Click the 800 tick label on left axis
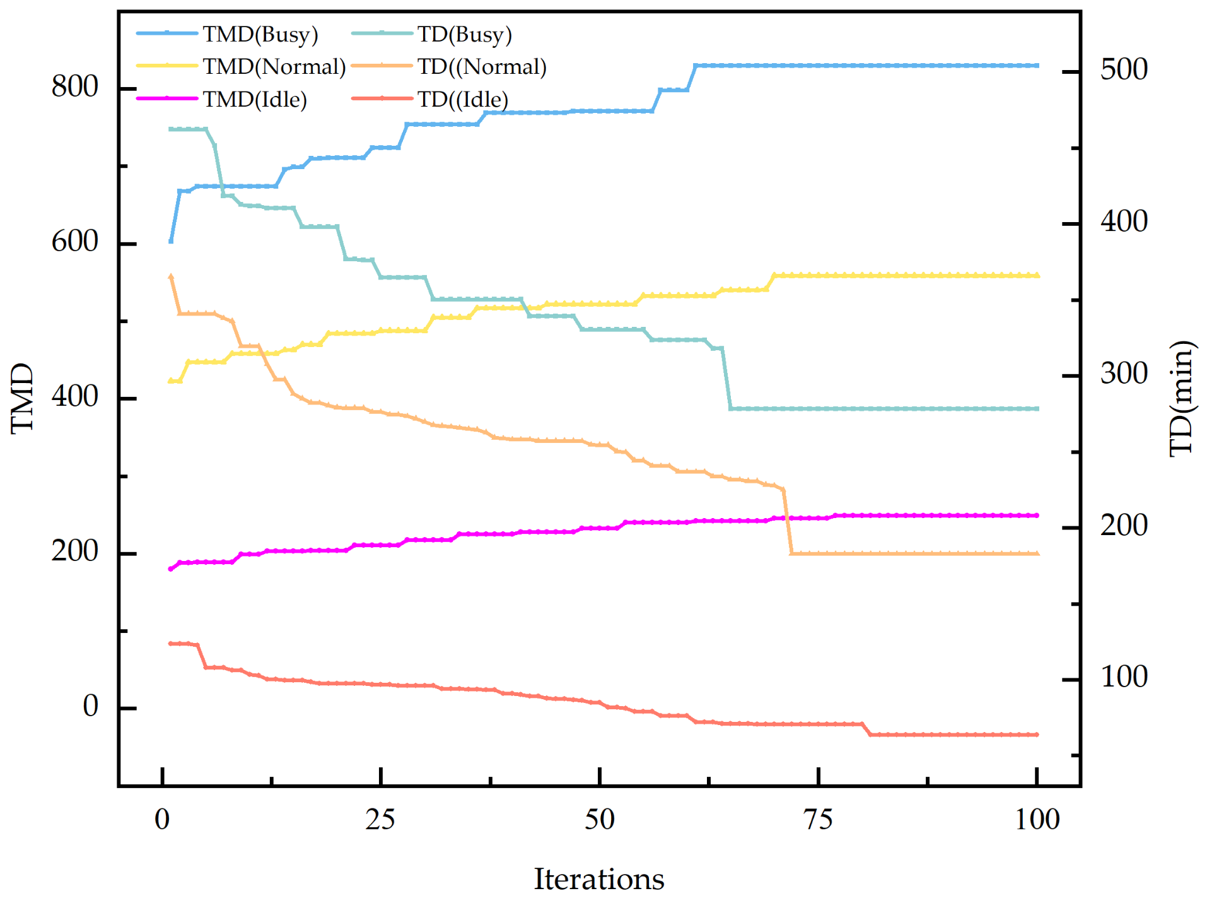(x=74, y=86)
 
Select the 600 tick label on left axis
(x=74, y=242)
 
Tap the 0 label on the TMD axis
(x=90, y=706)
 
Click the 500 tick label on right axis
(x=1124, y=69)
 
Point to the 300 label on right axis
(x=1124, y=374)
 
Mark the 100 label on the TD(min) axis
(x=1124, y=677)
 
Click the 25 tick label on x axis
(x=380, y=820)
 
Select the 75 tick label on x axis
(x=818, y=820)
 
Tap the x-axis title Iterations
(x=598, y=879)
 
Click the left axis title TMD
(x=23, y=398)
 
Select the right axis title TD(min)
(x=1181, y=398)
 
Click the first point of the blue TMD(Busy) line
(x=171, y=241)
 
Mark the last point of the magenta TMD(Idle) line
(x=1037, y=516)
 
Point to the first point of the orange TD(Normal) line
(x=171, y=276)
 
